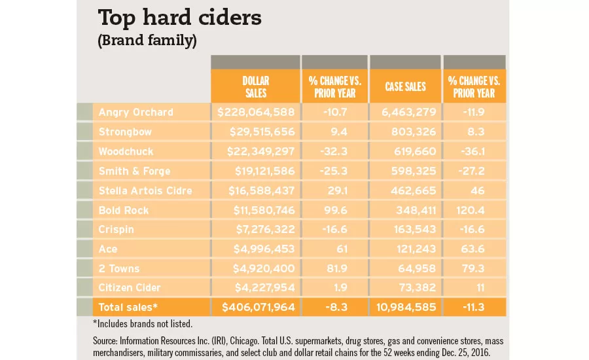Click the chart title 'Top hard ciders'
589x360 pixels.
[x=179, y=18]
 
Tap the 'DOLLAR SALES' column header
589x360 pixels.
[x=255, y=86]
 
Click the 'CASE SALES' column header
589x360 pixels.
[x=405, y=86]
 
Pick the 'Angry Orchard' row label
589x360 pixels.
[x=135, y=112]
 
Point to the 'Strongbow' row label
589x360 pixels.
[x=126, y=132]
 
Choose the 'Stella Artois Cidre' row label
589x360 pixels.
[x=145, y=190]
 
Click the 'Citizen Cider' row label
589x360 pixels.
[x=130, y=289]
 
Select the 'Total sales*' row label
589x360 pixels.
[x=128, y=306]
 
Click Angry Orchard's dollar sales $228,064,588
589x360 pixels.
[x=257, y=112]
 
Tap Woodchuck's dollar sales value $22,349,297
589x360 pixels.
[x=260, y=151]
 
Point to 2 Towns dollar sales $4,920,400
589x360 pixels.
[x=262, y=269]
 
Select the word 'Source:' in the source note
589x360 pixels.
[x=108, y=341]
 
